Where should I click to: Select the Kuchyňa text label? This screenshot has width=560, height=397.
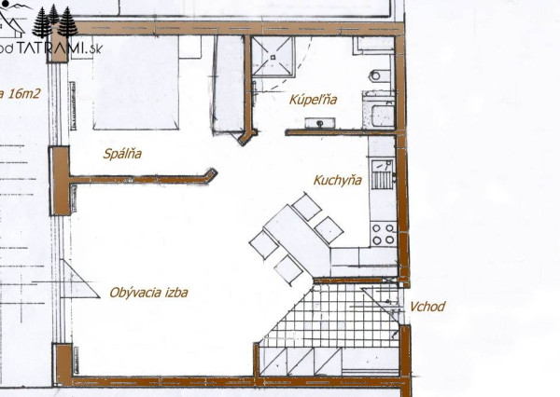click(337, 182)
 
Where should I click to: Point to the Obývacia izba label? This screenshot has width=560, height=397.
click(148, 292)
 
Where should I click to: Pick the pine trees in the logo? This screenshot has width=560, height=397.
click(56, 21)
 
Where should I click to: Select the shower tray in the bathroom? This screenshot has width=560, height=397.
click(273, 58)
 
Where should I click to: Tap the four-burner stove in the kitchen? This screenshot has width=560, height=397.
click(383, 233)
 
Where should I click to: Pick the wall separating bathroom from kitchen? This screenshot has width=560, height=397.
click(327, 132)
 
